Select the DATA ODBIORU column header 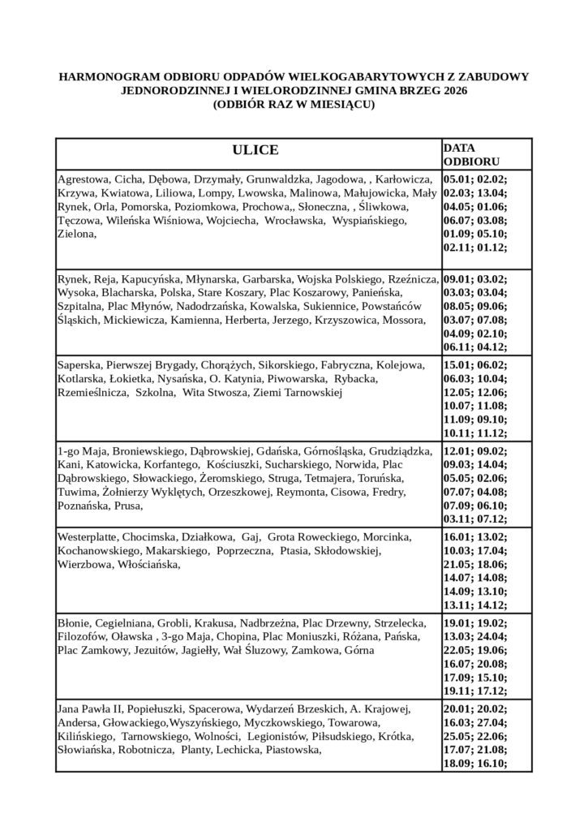click(471, 155)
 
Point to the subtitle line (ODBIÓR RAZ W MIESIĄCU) click(294, 105)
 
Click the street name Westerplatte click(88, 537)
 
